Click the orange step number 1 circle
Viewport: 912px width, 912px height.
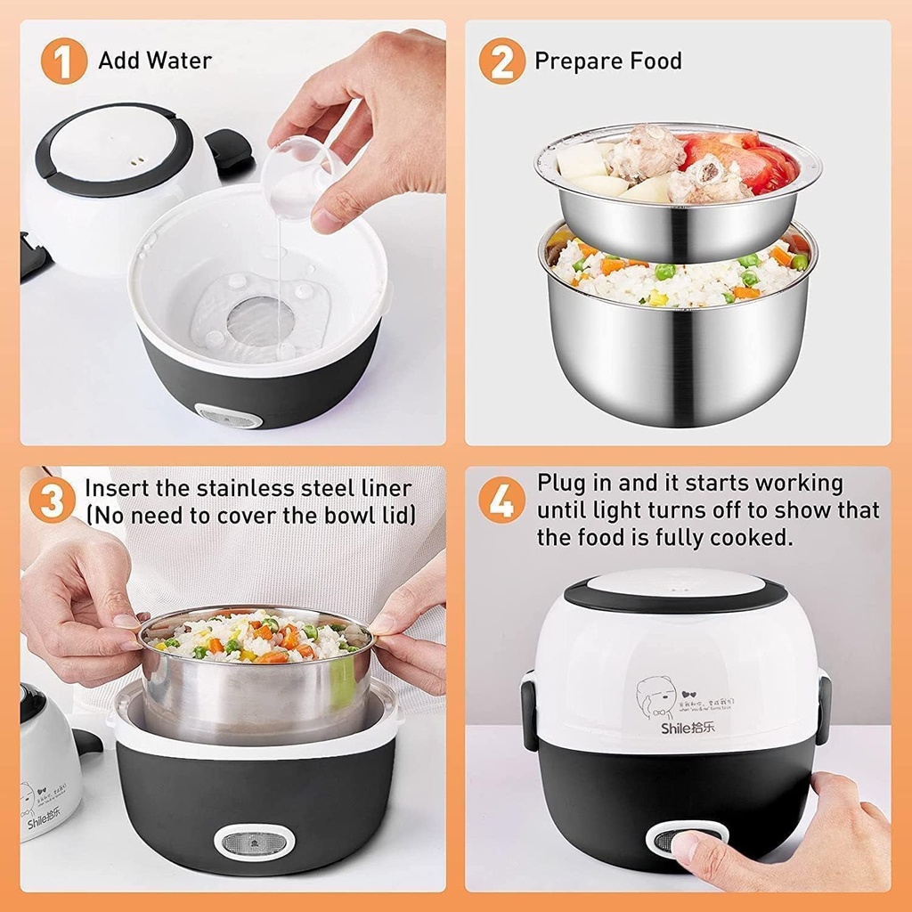(64, 61)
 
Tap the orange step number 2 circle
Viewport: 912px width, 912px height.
(501, 61)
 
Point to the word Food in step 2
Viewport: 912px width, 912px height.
(652, 61)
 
